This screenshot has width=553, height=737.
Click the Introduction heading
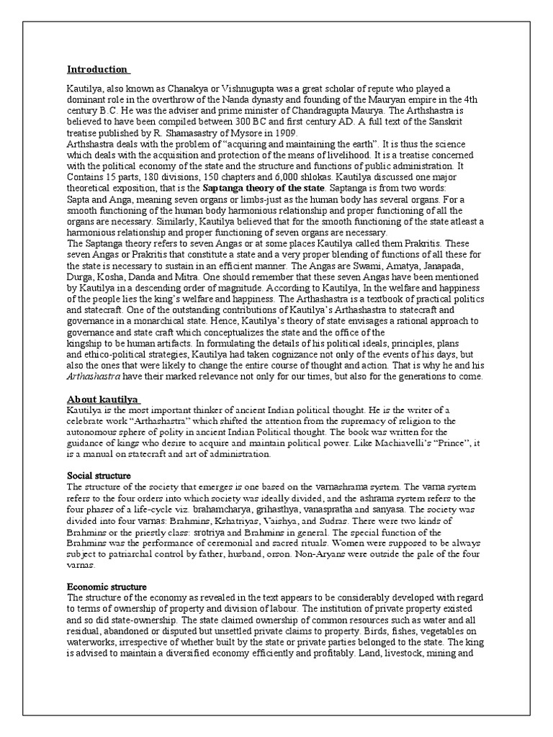[97, 70]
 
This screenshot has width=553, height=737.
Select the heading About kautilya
[103, 399]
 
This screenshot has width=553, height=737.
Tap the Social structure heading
[99, 476]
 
